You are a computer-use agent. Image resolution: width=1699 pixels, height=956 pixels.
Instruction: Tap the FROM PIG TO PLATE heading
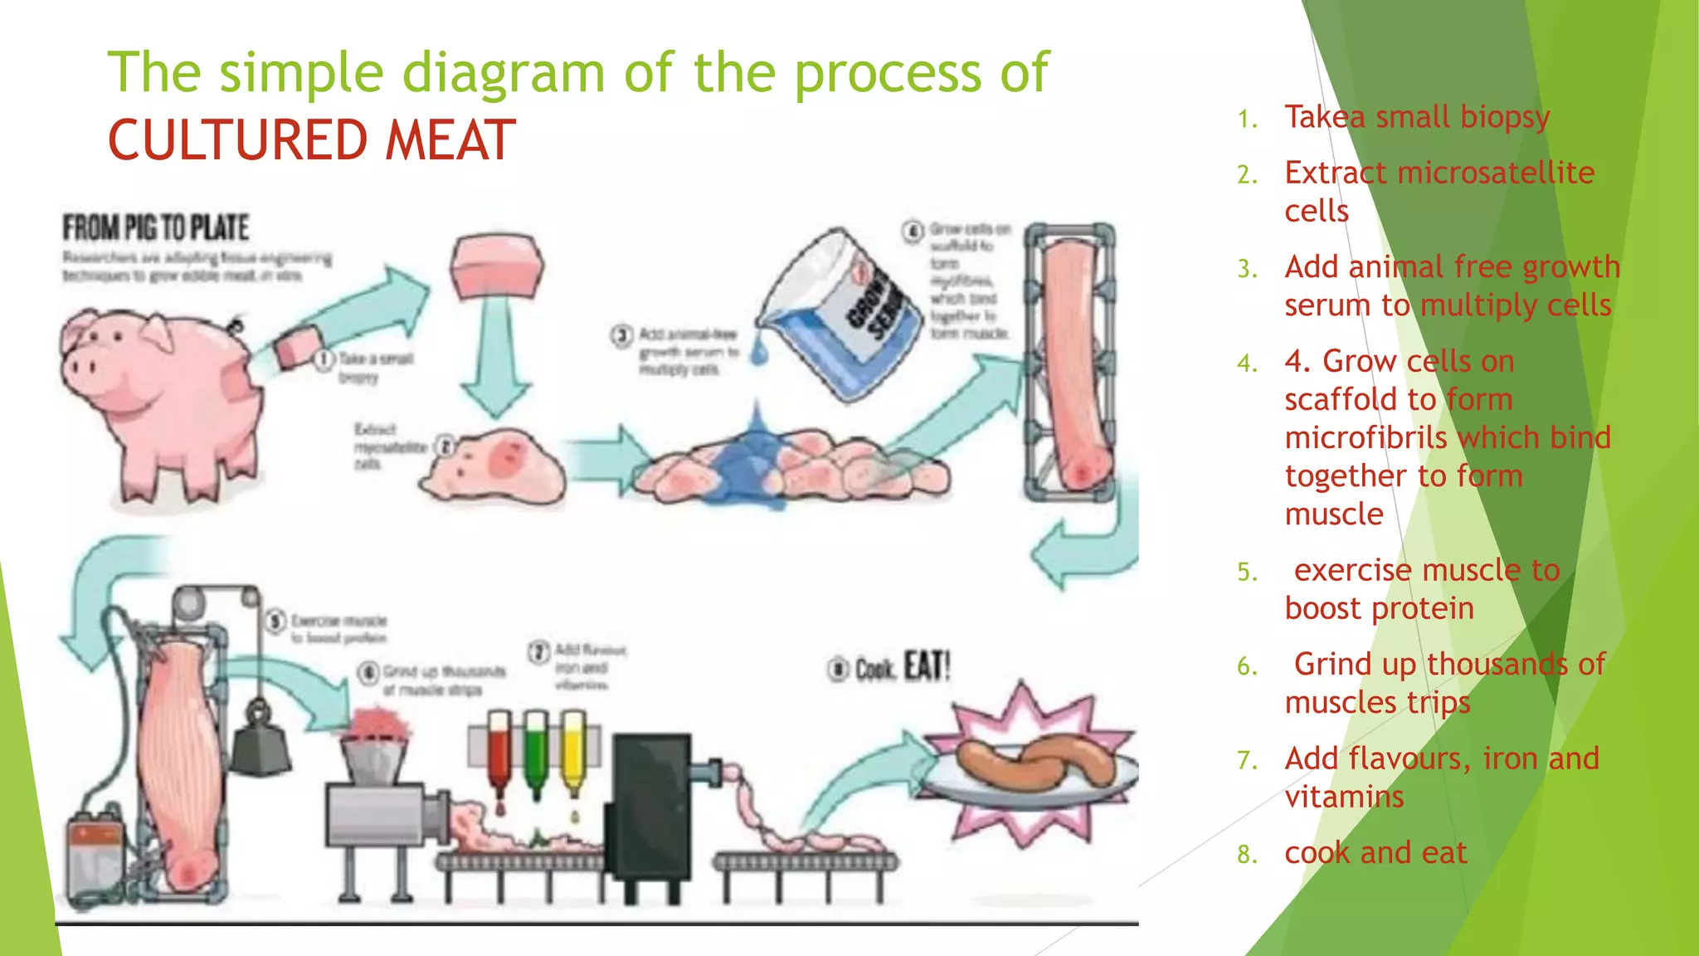156,227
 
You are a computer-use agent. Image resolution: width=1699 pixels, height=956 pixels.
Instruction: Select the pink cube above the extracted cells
497,267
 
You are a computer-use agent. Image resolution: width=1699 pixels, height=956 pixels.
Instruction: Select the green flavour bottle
536,750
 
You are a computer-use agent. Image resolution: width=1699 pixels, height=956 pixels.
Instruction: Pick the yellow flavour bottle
573,750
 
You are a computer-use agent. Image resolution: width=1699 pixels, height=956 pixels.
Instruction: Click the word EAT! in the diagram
927,667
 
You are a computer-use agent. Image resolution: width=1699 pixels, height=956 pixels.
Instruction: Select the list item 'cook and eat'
1375,852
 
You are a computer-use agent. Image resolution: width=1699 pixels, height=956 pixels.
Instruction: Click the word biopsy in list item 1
1504,117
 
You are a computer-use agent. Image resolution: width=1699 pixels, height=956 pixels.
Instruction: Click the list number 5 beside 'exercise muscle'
1247,572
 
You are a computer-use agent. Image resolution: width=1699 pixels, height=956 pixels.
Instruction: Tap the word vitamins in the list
1344,797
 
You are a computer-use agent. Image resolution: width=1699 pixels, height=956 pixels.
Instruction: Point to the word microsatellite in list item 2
1496,173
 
